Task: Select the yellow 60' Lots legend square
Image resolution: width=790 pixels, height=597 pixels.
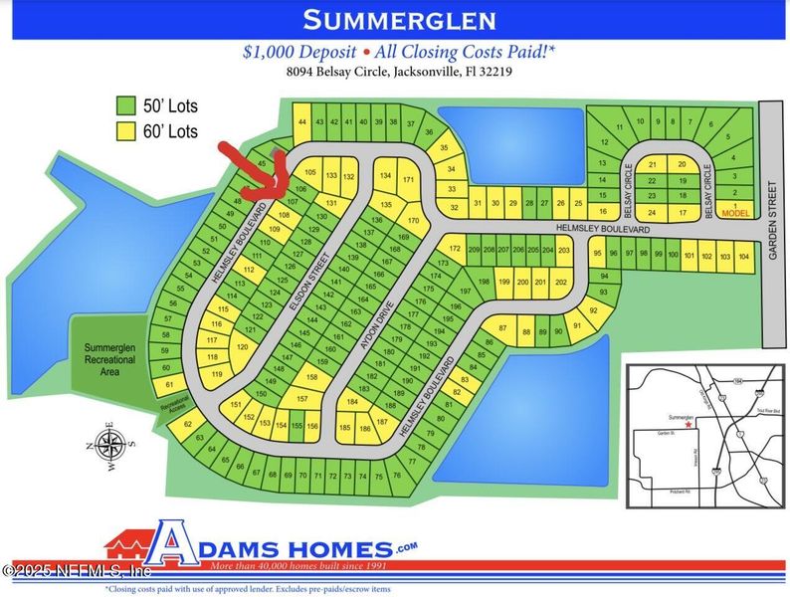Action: (125, 130)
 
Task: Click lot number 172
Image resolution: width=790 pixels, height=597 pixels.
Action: (454, 249)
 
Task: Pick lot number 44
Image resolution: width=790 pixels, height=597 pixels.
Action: (302, 122)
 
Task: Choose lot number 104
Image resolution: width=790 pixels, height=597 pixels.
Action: (743, 258)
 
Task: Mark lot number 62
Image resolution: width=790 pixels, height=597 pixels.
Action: (188, 425)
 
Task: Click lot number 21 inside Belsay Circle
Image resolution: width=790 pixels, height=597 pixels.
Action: (653, 164)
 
